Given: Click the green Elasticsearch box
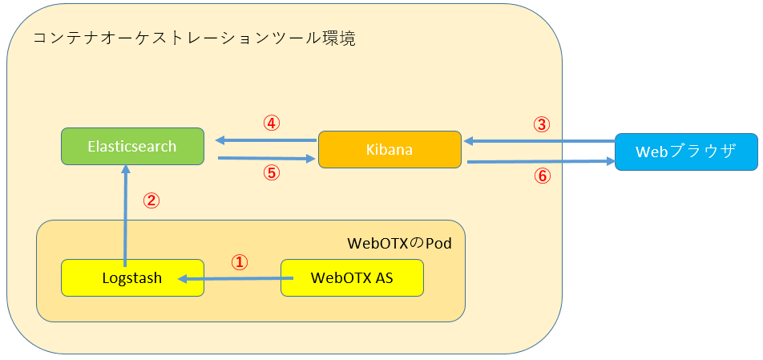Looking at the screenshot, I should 132,147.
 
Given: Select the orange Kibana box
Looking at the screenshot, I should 390,149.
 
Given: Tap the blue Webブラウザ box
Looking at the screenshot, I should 685,152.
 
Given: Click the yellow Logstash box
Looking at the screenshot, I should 132,278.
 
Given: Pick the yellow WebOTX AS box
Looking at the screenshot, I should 351,278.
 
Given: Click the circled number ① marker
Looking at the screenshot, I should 240,262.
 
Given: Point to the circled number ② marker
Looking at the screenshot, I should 151,200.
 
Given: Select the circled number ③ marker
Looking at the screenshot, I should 543,124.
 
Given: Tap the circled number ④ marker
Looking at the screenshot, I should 272,123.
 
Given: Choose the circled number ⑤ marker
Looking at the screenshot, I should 272,173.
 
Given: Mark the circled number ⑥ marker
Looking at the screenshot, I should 543,176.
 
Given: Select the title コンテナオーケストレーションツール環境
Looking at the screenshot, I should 193,38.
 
